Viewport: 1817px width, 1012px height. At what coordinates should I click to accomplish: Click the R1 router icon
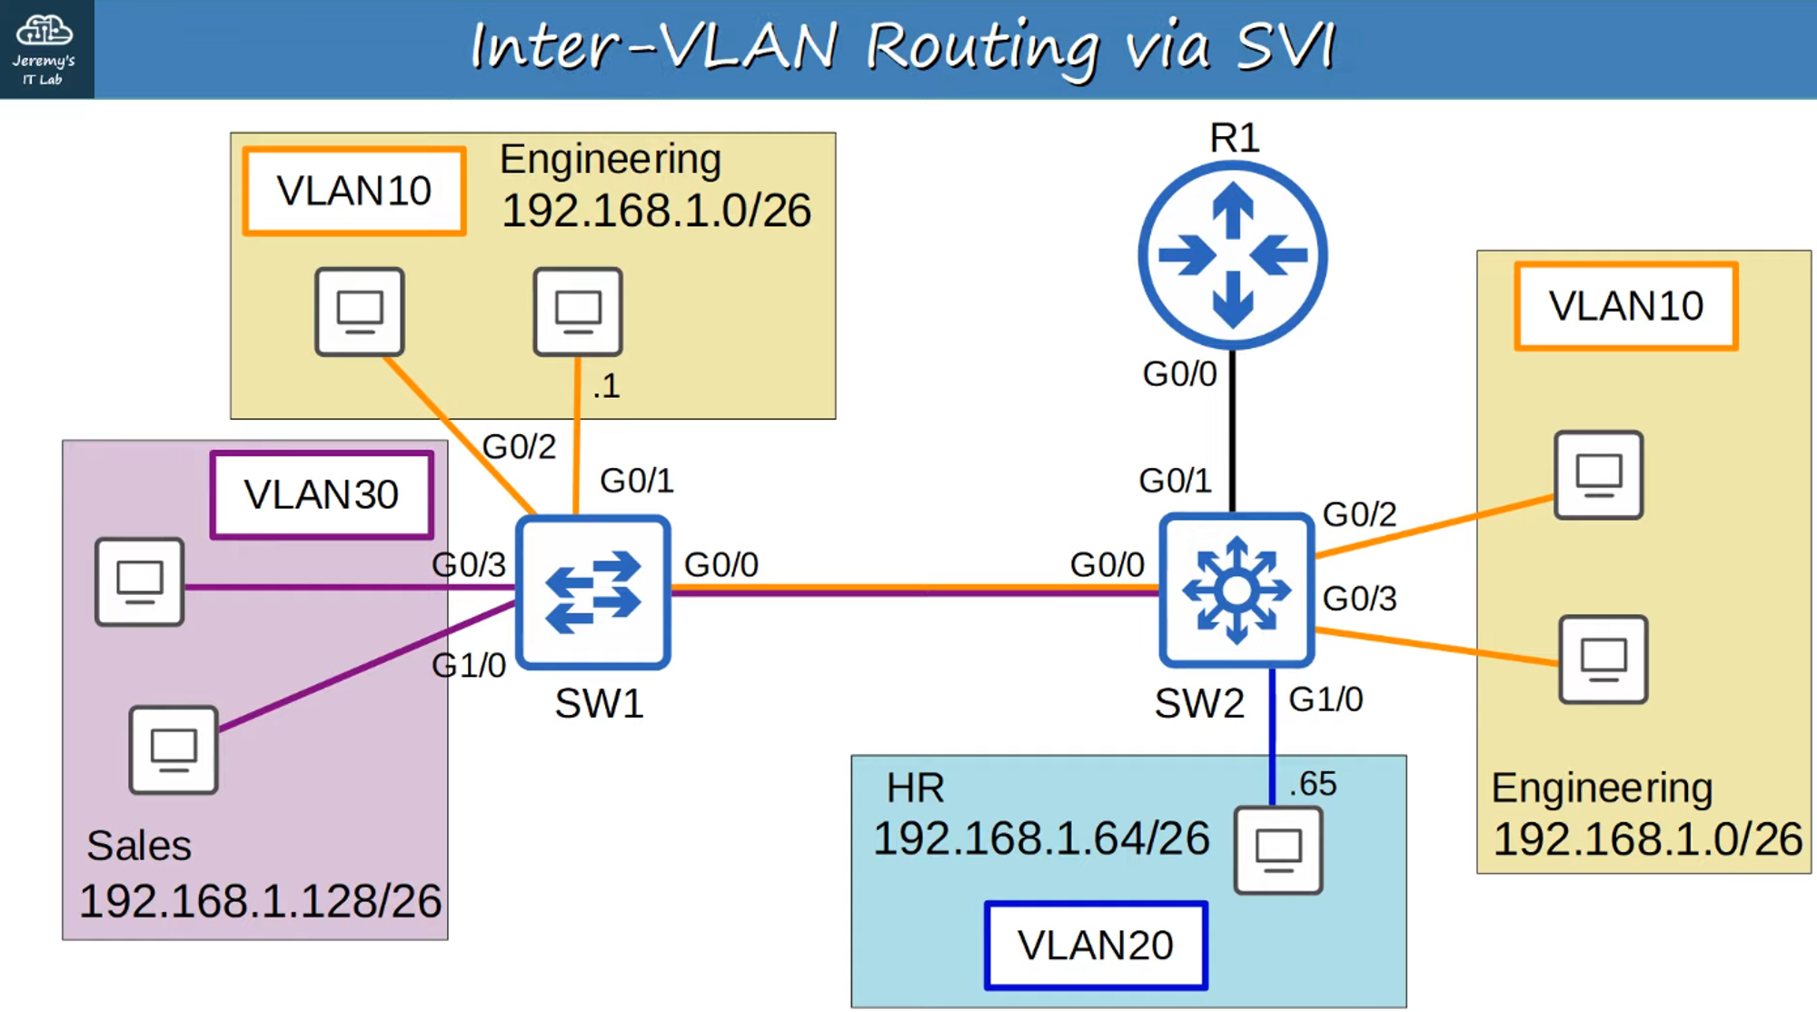pos(1233,255)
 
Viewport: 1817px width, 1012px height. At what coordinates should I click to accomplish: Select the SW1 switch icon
pos(593,591)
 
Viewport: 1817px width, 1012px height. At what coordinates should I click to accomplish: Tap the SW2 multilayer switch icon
pos(1236,590)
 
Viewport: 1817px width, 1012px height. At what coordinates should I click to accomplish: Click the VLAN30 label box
pos(322,495)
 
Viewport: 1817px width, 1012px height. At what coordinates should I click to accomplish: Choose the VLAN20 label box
pos(1096,945)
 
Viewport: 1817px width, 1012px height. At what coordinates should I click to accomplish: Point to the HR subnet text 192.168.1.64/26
pos(1041,838)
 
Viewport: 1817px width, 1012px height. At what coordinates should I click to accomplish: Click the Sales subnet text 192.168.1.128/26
pos(260,901)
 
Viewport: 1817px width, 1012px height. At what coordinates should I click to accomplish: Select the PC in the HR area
pos(1278,850)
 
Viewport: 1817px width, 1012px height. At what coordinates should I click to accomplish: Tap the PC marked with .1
pos(578,312)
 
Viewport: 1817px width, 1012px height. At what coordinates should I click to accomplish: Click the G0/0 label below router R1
pos(1179,374)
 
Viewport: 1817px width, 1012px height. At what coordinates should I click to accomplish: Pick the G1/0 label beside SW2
pos(1326,699)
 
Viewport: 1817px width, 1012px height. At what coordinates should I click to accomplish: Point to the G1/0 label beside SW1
pos(469,666)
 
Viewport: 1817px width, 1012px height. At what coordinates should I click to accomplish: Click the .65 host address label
pos(1313,783)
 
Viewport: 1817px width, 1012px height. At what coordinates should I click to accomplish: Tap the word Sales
pos(139,846)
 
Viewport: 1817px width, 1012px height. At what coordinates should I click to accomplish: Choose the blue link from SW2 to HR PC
pos(1272,736)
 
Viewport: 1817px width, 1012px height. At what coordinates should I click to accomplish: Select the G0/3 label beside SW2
pos(1359,599)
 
